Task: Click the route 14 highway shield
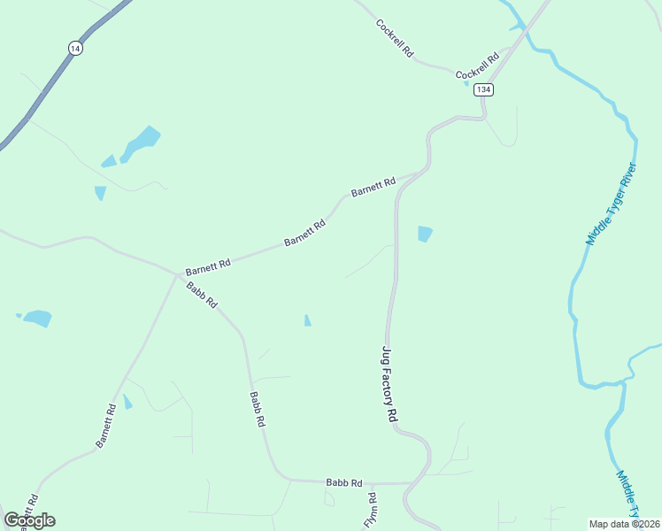point(75,49)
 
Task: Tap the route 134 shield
point(482,89)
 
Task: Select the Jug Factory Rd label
point(388,383)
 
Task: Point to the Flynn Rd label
point(371,511)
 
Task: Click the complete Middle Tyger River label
point(611,204)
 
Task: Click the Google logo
point(29,520)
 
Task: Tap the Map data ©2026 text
point(625,523)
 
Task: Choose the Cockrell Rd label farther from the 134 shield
point(395,38)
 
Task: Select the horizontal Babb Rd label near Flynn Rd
point(344,482)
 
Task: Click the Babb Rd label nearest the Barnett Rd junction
point(202,294)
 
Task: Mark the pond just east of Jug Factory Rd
point(425,234)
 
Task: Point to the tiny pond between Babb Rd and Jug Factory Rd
point(307,320)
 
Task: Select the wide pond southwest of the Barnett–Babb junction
point(36,319)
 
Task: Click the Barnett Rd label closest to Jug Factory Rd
point(373,187)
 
